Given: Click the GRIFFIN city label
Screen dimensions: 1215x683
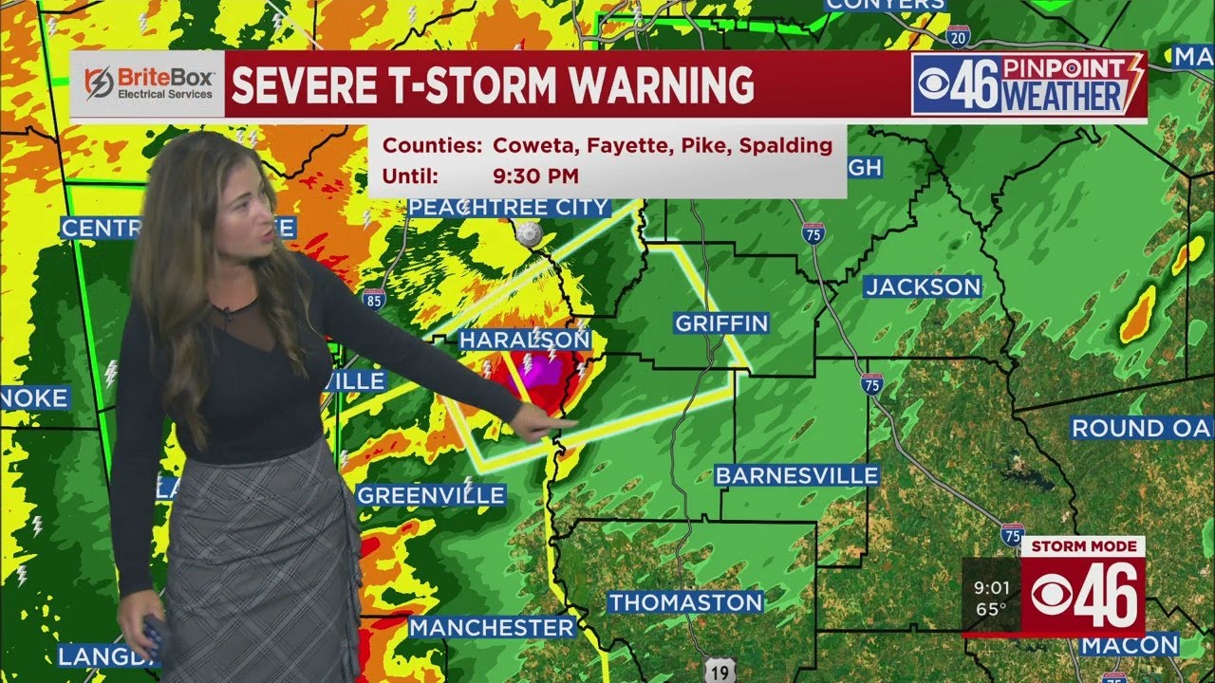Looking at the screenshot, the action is pos(721,323).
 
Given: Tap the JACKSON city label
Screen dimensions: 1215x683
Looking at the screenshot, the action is pos(923,286).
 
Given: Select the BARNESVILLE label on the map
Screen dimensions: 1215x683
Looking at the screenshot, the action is pos(797,475).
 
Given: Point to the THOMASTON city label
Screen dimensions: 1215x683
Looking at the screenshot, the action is pos(685,602).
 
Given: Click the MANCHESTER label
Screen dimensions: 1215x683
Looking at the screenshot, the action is pos(493,627).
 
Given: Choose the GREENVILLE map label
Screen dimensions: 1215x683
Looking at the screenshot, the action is pos(431,495).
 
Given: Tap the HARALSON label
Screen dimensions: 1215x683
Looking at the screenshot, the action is pos(524,340).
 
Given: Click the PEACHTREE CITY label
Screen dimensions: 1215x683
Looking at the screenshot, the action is pos(509,207).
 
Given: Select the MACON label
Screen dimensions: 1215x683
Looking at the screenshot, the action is pos(1130,646).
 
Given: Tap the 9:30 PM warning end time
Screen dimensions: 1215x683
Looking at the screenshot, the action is pos(536,175).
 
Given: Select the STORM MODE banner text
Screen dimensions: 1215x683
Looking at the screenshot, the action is pos(1082,546).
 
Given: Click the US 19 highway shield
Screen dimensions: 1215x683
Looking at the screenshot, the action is pos(721,670).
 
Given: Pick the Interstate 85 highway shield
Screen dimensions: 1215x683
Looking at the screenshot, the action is pos(374,298).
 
